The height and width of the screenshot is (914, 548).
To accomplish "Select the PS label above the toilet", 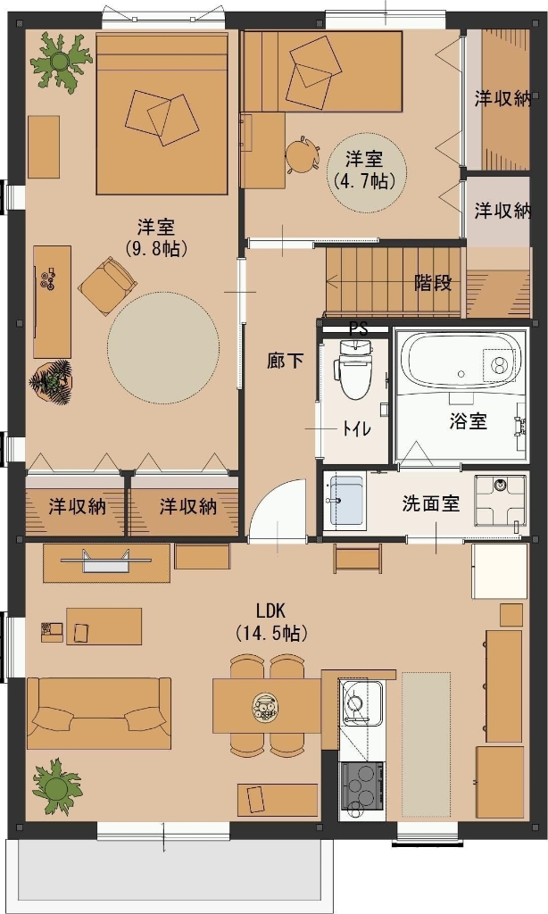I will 358,328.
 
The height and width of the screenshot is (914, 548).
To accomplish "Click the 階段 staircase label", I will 433,283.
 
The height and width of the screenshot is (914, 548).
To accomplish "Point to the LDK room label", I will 270,611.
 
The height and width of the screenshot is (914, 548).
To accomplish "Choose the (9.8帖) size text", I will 156,249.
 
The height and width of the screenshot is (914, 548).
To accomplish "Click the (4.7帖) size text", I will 364,179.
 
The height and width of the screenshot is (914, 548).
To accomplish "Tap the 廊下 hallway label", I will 285,361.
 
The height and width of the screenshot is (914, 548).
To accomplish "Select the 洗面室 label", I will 430,503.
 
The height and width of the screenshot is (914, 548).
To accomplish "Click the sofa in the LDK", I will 98,712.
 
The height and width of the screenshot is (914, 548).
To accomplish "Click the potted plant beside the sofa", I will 57,785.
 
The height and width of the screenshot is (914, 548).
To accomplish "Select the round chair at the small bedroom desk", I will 302,154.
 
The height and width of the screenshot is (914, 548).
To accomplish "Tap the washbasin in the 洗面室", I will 345,499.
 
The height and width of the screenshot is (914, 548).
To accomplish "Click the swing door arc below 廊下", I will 277,509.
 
